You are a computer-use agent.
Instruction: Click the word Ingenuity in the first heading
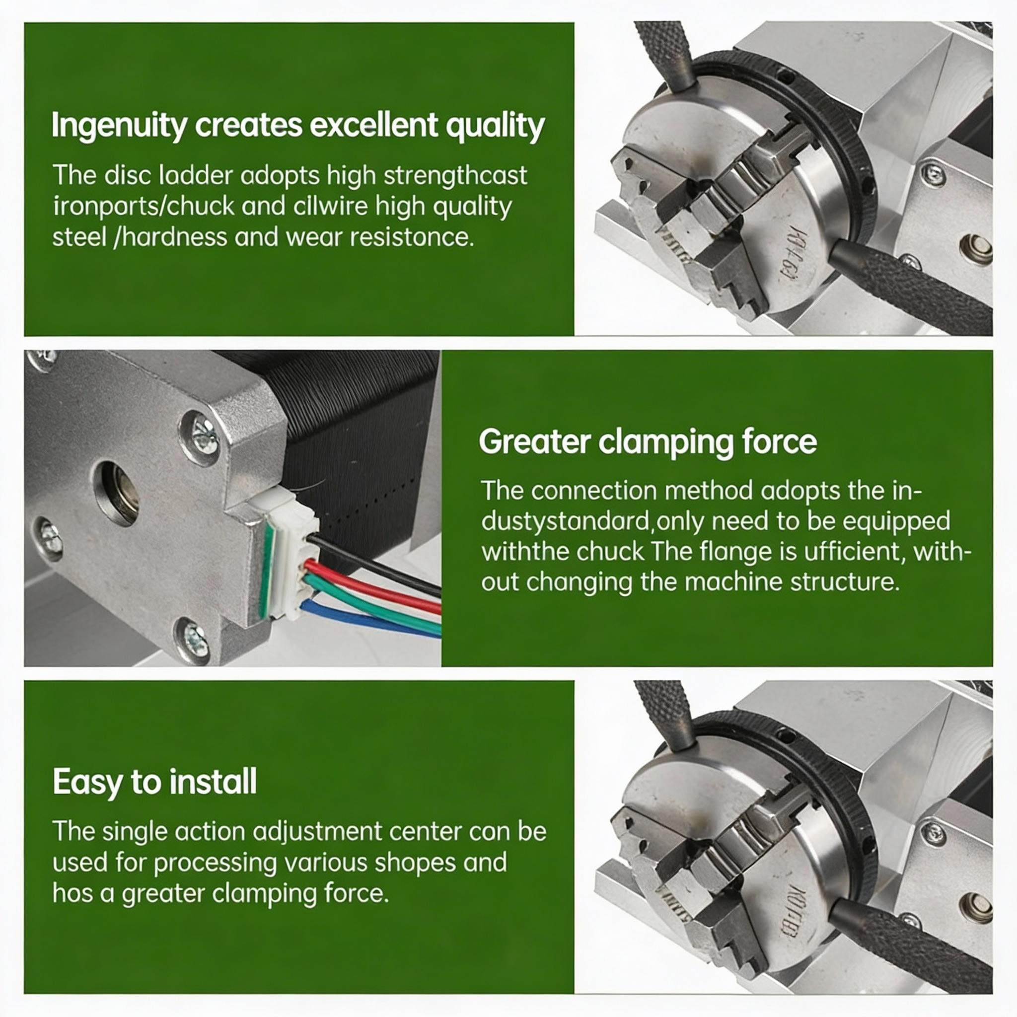(x=119, y=125)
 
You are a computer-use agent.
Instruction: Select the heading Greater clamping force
(x=648, y=441)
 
